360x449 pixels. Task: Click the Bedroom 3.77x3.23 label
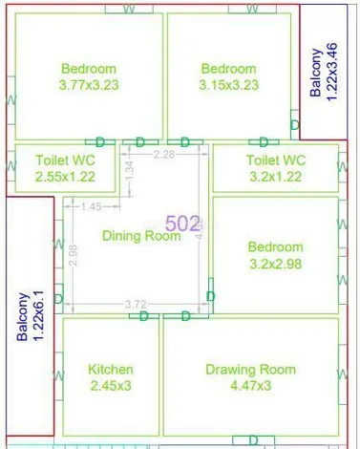coord(89,76)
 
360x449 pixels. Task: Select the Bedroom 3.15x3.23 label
coord(228,76)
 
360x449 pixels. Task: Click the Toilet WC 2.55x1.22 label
coord(65,168)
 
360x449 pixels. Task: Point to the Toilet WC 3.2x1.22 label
coord(275,168)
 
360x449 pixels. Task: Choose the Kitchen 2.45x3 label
coord(111,377)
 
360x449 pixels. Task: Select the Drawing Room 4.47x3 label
coord(250,377)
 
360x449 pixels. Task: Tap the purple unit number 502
coord(183,224)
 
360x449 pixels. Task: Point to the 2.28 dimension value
coord(163,154)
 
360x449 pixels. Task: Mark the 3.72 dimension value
coord(136,305)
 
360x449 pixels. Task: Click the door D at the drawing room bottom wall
coord(254,439)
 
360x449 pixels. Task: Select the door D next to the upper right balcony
coord(293,125)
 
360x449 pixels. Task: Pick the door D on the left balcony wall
coord(58,299)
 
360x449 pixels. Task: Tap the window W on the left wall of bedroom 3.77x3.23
coord(11,99)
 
